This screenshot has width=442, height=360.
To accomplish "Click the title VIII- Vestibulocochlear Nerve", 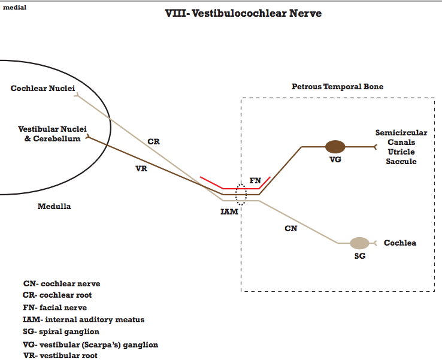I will pyautogui.click(x=243, y=13).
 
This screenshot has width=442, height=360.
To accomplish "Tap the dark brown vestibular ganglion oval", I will pyautogui.click(x=335, y=146).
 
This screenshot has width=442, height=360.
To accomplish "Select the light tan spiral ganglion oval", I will pyautogui.click(x=359, y=243).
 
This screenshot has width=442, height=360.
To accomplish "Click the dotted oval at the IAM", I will pyautogui.click(x=241, y=194).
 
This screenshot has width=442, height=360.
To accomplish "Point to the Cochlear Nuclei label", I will pyautogui.click(x=43, y=89).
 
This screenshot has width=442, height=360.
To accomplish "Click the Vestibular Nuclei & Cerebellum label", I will pyautogui.click(x=52, y=134).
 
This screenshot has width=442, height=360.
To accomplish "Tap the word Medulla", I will pyautogui.click(x=54, y=207).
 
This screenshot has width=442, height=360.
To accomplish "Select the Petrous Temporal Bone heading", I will pyautogui.click(x=337, y=87).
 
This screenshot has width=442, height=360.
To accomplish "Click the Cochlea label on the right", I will pyautogui.click(x=399, y=243).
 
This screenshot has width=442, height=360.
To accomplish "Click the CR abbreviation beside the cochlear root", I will pyautogui.click(x=153, y=142).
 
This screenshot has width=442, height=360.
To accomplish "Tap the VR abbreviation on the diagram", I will pyautogui.click(x=141, y=169).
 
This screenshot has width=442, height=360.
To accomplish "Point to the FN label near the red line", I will pyautogui.click(x=255, y=180).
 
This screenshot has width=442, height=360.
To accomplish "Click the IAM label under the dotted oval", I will pyautogui.click(x=229, y=211).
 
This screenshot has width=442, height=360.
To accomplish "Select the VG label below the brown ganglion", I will pyautogui.click(x=335, y=160).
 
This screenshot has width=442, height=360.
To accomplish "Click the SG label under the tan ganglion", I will pyautogui.click(x=359, y=256).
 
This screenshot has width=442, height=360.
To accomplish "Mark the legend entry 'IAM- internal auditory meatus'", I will pyautogui.click(x=84, y=319).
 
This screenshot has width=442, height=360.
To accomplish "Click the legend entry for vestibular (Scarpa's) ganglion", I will pyautogui.click(x=90, y=344).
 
